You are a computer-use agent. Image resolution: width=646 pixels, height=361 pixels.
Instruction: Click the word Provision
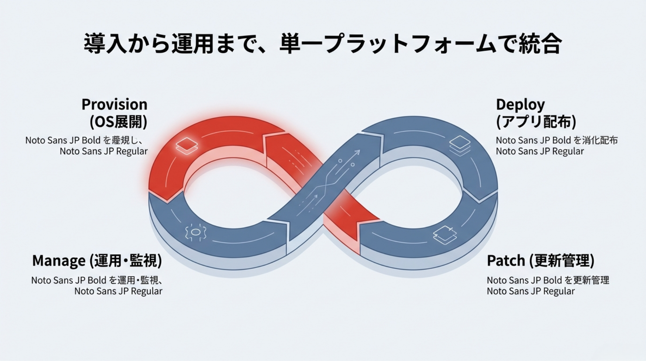(x=114, y=105)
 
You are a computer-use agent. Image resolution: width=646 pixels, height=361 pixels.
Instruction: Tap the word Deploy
(x=520, y=105)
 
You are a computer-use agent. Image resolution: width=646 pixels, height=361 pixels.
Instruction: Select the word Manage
(x=58, y=261)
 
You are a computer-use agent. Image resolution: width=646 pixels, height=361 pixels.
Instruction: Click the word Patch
(x=506, y=261)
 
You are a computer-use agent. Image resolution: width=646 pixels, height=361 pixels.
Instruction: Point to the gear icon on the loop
(x=195, y=232)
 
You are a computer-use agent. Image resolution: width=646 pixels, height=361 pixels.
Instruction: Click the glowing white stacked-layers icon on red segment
(x=187, y=145)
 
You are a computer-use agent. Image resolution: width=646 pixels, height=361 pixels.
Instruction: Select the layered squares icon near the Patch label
(x=445, y=234)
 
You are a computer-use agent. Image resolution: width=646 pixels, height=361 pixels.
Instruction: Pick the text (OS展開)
(x=118, y=122)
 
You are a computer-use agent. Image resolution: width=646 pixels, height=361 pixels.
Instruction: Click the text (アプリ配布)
(x=536, y=122)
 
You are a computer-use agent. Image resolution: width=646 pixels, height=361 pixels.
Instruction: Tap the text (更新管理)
(x=561, y=261)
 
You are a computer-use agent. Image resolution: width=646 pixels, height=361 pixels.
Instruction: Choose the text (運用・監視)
(x=125, y=261)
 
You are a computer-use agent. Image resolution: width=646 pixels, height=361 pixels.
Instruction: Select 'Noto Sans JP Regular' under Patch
(x=530, y=291)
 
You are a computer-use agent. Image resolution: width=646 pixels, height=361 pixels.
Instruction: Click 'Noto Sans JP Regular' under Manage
(x=118, y=291)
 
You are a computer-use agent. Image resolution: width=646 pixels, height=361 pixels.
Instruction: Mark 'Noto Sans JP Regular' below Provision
(x=104, y=151)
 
